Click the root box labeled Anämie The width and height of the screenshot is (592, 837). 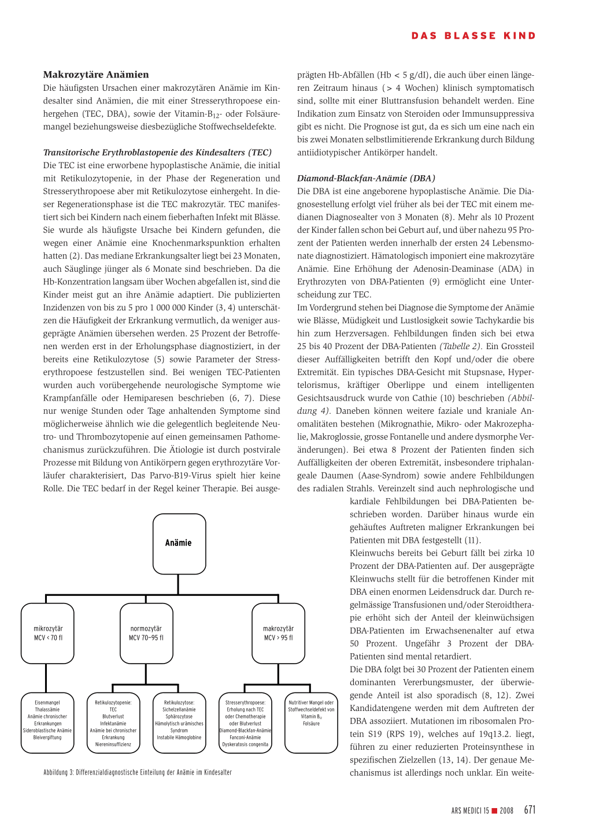(x=179, y=543)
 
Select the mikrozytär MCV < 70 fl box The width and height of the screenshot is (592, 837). (x=48, y=634)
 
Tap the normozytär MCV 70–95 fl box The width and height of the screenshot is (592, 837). (x=146, y=634)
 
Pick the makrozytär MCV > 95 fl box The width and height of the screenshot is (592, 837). (x=279, y=634)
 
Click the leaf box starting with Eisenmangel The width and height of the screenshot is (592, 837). (x=47, y=723)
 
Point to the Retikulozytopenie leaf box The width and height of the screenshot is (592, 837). (x=113, y=723)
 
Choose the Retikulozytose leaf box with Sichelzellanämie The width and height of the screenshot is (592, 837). (x=179, y=723)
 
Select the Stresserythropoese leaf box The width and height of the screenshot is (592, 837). (x=246, y=723)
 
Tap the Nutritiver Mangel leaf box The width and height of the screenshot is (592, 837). (x=311, y=723)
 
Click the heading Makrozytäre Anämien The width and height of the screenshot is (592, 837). (x=96, y=75)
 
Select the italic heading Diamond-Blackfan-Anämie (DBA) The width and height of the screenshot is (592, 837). (x=366, y=178)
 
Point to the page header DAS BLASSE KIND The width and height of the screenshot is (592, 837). (x=473, y=36)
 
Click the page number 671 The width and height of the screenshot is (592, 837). (x=530, y=810)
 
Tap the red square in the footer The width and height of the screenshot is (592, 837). (x=494, y=811)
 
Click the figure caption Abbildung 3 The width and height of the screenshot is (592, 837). (x=138, y=772)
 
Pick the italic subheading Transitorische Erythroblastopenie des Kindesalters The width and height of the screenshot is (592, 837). (x=157, y=153)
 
